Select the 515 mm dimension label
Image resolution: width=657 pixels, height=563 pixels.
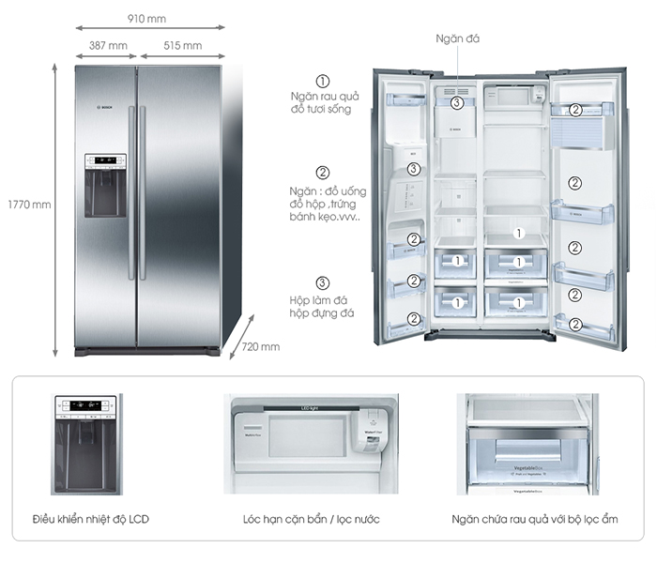pyautogui.click(x=182, y=45)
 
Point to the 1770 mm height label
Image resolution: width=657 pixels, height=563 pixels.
pyautogui.click(x=27, y=204)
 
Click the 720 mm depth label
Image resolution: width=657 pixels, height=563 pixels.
pyautogui.click(x=261, y=347)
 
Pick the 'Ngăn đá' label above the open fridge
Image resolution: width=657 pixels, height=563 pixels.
pyautogui.click(x=458, y=38)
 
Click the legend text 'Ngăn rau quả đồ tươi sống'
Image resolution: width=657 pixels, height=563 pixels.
pyautogui.click(x=323, y=101)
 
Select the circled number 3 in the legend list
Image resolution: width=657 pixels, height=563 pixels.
pyautogui.click(x=323, y=282)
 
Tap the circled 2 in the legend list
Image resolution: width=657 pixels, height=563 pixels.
pyautogui.click(x=323, y=172)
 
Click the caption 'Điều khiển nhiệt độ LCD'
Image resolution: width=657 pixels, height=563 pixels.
pyautogui.click(x=90, y=519)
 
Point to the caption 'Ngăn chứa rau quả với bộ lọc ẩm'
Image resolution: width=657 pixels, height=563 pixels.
pyautogui.click(x=527, y=519)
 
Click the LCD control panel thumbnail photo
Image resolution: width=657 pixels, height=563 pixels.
pyautogui.click(x=86, y=444)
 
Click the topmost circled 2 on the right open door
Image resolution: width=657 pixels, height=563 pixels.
pyautogui.click(x=576, y=110)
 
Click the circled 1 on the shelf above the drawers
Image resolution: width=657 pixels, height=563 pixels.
pyautogui.click(x=517, y=230)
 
